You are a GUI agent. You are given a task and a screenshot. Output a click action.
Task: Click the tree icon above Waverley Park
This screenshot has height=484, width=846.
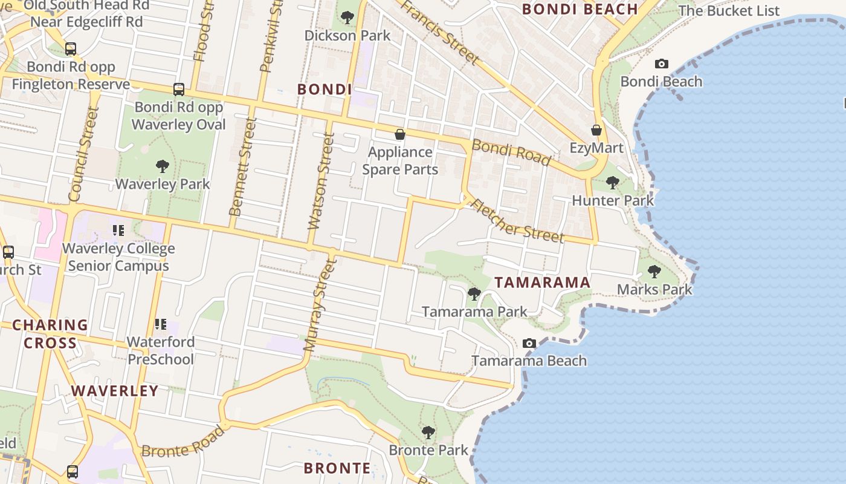pos(162,166)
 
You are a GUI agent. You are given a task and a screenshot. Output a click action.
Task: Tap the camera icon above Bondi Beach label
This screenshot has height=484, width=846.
pos(662,64)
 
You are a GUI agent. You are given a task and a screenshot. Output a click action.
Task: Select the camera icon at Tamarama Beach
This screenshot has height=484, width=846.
pos(529,343)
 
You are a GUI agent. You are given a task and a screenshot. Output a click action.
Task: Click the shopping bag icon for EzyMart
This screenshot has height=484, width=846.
pos(596,130)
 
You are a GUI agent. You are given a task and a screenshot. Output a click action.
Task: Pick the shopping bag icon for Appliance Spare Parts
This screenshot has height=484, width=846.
pos(399,134)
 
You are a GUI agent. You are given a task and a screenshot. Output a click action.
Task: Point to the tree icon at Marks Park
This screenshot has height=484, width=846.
pos(654,272)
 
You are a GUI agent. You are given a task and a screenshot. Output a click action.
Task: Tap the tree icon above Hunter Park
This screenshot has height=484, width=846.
pos(613,182)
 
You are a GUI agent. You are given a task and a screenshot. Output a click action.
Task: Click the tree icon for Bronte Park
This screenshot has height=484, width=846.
pos(428,432)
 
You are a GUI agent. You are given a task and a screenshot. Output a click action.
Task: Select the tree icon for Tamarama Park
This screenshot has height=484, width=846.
pos(474,294)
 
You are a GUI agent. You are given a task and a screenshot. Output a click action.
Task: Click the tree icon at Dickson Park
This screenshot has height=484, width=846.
pos(347,18)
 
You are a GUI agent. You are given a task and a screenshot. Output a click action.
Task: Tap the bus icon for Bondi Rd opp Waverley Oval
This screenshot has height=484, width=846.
pos(179,89)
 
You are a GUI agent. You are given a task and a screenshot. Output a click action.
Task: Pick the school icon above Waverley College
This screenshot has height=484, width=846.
pos(118,231)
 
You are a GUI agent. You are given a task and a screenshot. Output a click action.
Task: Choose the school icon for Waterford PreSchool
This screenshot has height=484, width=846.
pos(161,324)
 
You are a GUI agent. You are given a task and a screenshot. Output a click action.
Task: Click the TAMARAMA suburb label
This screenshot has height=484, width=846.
pos(542,283)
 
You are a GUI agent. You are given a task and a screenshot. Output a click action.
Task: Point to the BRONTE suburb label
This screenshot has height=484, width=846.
pos(337,468)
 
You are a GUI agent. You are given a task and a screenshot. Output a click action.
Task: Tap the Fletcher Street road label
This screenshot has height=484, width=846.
pos(517,221)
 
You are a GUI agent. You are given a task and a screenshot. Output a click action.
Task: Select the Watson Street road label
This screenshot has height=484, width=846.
pos(320,181)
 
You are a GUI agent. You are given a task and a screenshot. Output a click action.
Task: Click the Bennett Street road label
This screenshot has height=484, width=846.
pos(244,167)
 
